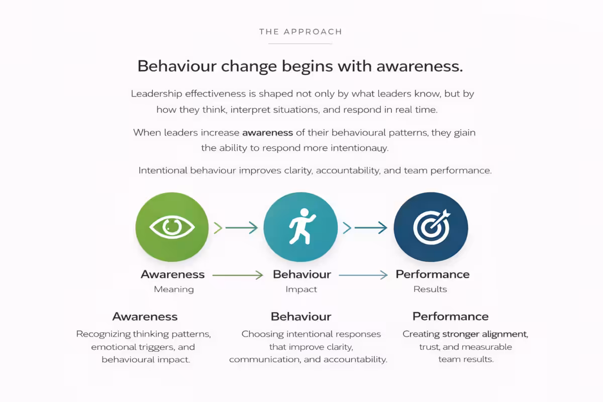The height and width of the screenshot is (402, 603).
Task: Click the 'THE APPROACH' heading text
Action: pyautogui.click(x=300, y=32)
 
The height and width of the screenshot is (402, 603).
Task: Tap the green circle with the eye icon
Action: pyautogui.click(x=172, y=227)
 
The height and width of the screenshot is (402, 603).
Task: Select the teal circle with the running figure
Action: pyautogui.click(x=300, y=227)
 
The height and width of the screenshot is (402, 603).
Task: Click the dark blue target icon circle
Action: pyautogui.click(x=431, y=227)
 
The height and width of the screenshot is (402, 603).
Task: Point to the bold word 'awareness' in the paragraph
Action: pyautogui.click(x=267, y=133)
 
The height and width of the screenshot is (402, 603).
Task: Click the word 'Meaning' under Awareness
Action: pyautogui.click(x=174, y=289)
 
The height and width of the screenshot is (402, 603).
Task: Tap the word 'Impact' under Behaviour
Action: pyautogui.click(x=301, y=289)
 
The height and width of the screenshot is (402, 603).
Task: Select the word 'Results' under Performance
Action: pyautogui.click(x=430, y=289)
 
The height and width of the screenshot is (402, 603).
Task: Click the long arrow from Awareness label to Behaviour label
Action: pyautogui.click(x=238, y=275)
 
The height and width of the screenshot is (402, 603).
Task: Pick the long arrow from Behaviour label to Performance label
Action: pyautogui.click(x=363, y=275)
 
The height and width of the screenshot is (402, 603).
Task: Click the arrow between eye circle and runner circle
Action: pyautogui.click(x=236, y=228)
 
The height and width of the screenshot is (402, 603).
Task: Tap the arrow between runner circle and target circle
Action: pyautogui.click(x=365, y=228)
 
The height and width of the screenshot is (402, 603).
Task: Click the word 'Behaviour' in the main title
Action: pyautogui.click(x=177, y=66)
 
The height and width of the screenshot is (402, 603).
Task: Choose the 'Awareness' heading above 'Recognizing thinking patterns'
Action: pyautogui.click(x=145, y=317)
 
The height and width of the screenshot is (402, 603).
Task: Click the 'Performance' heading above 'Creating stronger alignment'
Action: pyautogui.click(x=450, y=317)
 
